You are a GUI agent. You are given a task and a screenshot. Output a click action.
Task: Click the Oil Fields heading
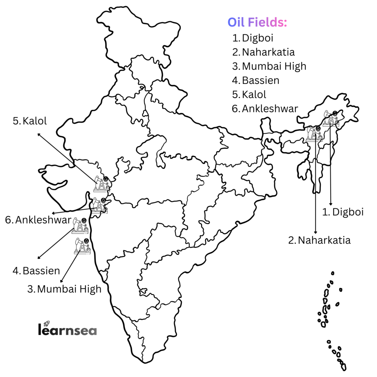pos(257,23)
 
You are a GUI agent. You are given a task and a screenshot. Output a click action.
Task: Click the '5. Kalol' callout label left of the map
pos(30,121)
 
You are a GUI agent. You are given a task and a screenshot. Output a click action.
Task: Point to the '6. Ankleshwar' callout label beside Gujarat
pos(38,220)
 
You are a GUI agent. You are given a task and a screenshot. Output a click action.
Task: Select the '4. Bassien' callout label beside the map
pos(36,271)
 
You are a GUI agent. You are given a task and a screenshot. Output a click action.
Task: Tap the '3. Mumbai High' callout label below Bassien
pos(64,289)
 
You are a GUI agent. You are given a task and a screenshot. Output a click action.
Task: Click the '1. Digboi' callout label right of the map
pos(343,212)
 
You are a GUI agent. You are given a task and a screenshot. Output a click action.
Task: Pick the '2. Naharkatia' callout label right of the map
pos(319,240)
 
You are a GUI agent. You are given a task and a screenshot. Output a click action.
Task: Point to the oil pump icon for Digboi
pos(331,119)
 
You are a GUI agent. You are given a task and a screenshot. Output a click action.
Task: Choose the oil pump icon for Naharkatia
pos(314,134)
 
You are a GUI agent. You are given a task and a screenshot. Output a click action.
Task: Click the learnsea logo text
pos(67,330)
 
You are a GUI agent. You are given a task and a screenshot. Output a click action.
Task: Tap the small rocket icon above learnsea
pos(46,323)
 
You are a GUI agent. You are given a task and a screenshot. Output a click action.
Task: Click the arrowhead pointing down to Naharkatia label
pos(315,232)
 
